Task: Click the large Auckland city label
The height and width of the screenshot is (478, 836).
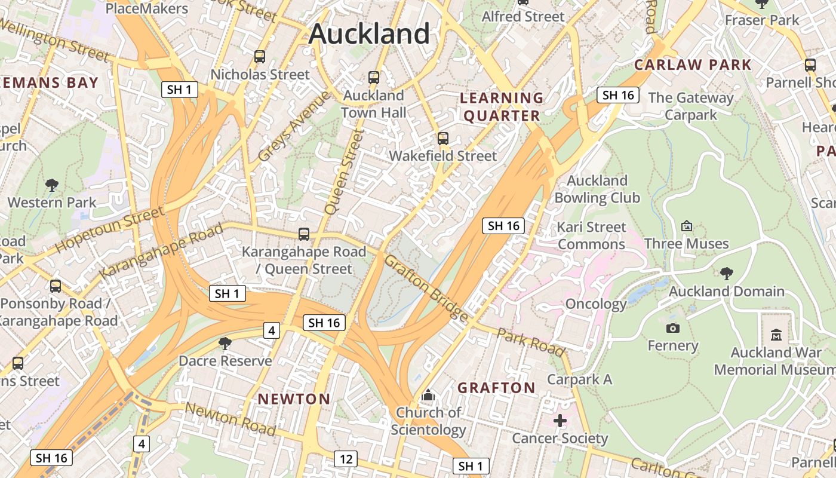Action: point(369,33)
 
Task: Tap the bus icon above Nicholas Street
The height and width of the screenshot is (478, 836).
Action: point(260,57)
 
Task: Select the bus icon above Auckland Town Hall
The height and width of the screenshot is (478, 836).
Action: point(374,78)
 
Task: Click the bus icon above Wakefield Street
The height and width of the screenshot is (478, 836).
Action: point(442,139)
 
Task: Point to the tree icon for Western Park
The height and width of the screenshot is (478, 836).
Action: point(52,185)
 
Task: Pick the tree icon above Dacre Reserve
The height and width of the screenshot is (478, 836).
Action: point(225,344)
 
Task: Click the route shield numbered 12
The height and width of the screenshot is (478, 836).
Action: point(345,459)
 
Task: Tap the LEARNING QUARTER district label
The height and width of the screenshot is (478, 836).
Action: point(502,107)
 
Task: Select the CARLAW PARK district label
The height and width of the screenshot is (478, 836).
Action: point(693,65)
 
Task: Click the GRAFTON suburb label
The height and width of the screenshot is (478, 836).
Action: point(496,388)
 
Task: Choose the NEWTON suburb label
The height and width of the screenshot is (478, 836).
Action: point(294,399)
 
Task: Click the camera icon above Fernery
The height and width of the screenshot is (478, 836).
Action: point(673,328)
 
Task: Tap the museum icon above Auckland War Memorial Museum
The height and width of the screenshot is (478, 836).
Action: point(776,335)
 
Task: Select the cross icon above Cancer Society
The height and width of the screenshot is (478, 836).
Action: point(560,421)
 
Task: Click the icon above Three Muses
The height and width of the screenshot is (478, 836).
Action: point(687,226)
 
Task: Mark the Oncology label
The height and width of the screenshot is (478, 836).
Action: point(595,304)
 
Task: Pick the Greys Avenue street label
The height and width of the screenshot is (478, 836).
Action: point(294,126)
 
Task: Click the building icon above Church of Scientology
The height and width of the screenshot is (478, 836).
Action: point(428,395)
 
